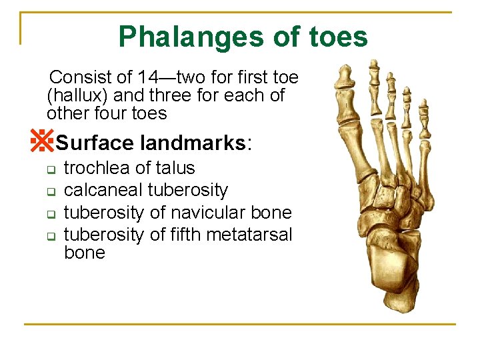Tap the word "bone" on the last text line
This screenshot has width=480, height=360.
84,253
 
